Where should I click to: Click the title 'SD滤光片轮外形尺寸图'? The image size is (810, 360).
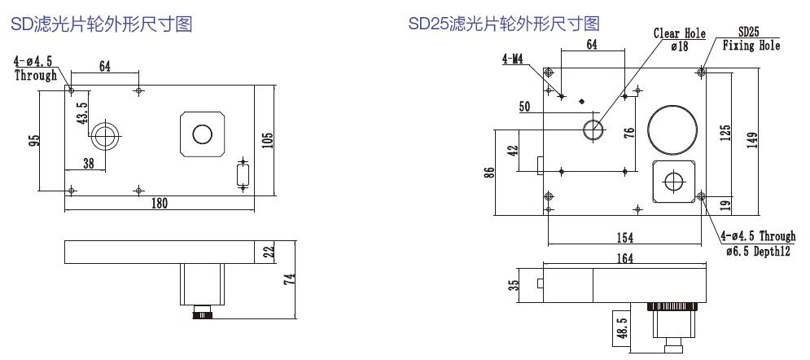pos(101,25)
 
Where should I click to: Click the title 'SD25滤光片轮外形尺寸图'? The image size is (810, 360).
pos(504,24)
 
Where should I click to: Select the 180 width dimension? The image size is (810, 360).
pos(159,204)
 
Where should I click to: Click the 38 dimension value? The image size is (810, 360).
pos(88,163)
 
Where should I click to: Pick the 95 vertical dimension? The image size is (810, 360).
pos(33,139)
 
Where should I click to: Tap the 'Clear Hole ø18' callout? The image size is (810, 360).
pos(679,40)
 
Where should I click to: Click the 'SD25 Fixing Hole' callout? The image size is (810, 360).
pos(751,40)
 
